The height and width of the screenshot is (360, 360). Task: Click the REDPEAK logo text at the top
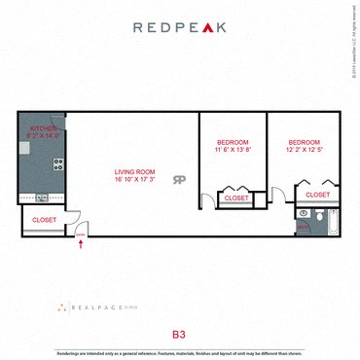tap(179, 27)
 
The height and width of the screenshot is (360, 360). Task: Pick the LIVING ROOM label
tap(134, 171)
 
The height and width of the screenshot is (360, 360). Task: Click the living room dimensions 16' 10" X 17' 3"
tap(134, 179)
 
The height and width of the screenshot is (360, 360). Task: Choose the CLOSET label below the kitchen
tap(44, 220)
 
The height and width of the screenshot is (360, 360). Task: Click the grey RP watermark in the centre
tap(179, 179)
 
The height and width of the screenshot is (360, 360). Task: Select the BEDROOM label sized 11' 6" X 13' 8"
tap(233, 142)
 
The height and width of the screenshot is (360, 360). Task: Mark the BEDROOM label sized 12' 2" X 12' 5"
tap(305, 142)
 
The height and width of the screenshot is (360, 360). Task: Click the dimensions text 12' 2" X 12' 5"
tap(305, 150)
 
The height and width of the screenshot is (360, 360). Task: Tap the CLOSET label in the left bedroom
tap(236, 198)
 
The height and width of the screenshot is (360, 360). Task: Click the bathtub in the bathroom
tap(331, 221)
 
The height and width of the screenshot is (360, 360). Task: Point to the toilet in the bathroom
tap(305, 213)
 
